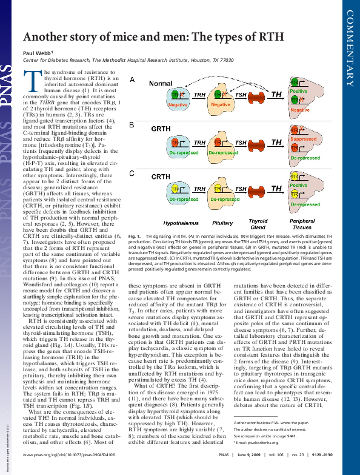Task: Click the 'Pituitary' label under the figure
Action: (x=223, y=223)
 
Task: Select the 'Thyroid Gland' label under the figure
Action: (x=258, y=224)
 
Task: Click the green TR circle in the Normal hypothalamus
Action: (x=175, y=95)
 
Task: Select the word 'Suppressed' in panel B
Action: (x=303, y=139)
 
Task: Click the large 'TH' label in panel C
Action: (x=276, y=189)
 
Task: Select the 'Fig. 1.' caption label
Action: (x=136, y=235)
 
